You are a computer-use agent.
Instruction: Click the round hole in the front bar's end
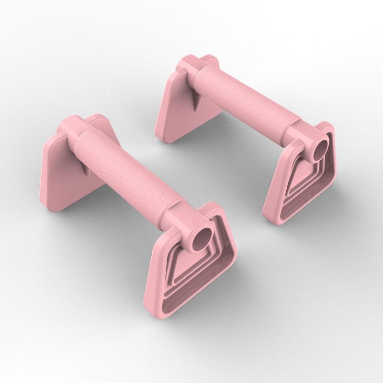pos(202,237)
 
